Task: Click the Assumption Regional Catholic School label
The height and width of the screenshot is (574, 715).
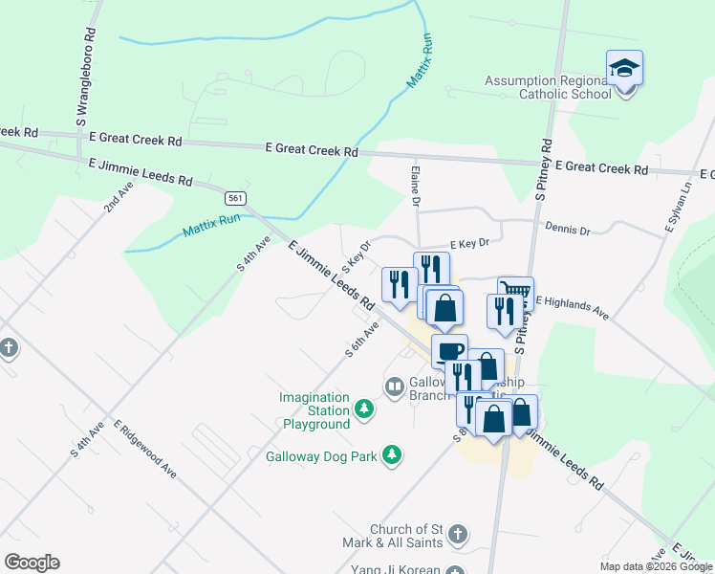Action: pyautogui.click(x=548, y=87)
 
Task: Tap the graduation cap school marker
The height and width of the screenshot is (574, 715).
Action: pyautogui.click(x=624, y=69)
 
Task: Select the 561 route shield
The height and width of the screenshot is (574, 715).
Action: pyautogui.click(x=235, y=198)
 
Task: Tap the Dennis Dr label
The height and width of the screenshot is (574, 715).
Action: pyautogui.click(x=568, y=231)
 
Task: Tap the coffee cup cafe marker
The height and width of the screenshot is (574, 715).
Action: pyautogui.click(x=449, y=349)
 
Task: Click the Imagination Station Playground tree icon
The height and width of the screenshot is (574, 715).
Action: pyautogui.click(x=363, y=409)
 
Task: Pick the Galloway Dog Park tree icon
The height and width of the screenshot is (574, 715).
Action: pyautogui.click(x=391, y=455)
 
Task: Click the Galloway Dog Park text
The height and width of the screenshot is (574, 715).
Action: pyautogui.click(x=321, y=456)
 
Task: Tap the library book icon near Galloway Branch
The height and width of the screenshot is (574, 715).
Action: pyautogui.click(x=394, y=386)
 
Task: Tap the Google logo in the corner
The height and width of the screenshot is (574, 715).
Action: pyautogui.click(x=32, y=563)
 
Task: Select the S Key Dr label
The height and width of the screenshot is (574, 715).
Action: pyautogui.click(x=356, y=255)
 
